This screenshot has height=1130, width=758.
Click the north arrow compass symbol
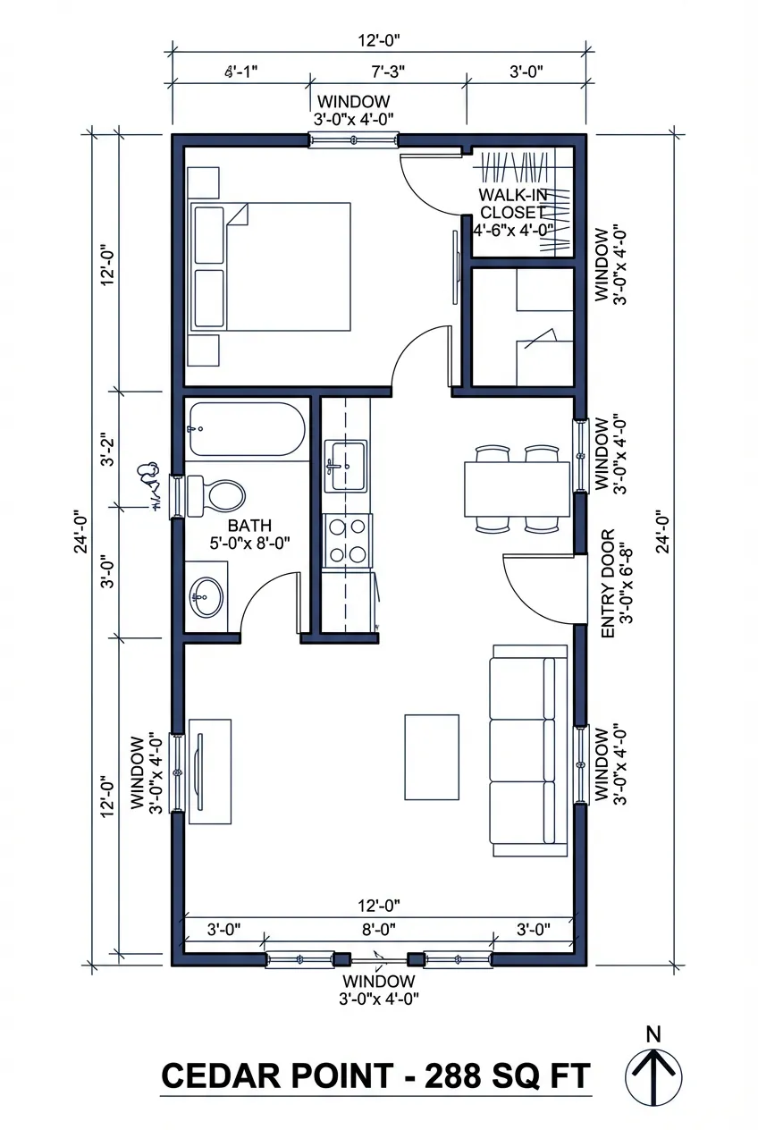(x=653, y=1075)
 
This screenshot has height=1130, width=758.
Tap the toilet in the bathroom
(x=217, y=494)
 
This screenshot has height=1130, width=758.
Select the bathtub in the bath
(x=247, y=430)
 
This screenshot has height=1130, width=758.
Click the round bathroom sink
(x=207, y=595)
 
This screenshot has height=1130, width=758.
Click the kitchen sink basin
(x=345, y=465)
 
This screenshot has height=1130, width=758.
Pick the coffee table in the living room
(x=432, y=755)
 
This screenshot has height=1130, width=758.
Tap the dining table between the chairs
(x=517, y=489)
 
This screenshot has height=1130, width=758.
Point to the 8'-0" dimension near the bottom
(x=380, y=928)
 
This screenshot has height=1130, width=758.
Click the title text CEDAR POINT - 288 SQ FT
(x=375, y=1076)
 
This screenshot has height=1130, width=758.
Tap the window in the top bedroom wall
(x=354, y=140)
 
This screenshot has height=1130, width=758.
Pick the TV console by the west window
(x=209, y=766)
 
